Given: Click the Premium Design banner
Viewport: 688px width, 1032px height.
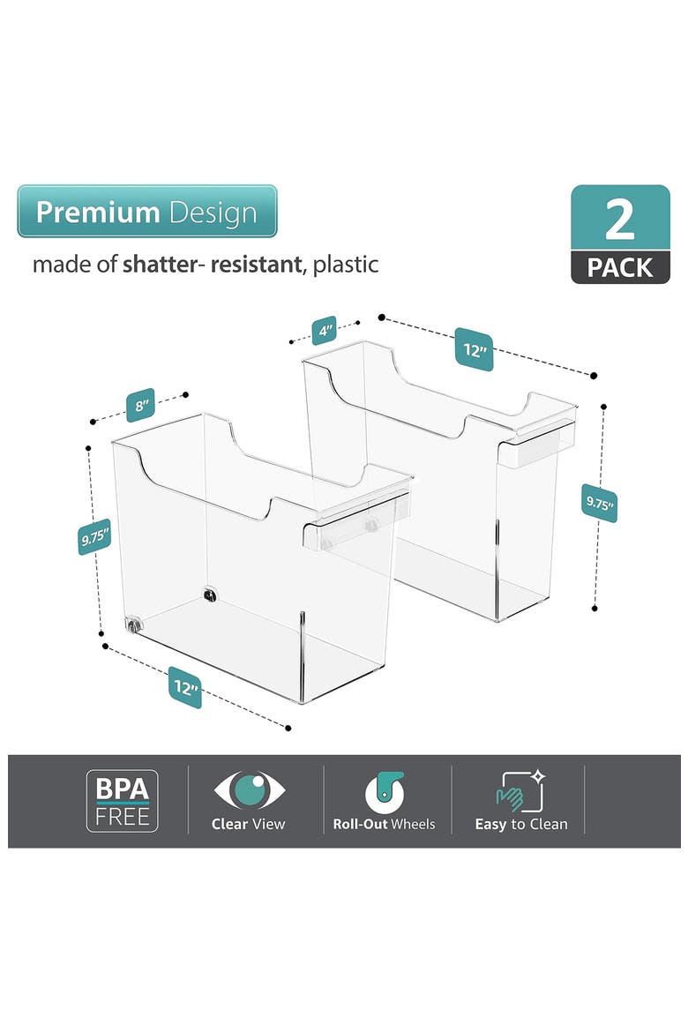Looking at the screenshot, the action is pos(146,212).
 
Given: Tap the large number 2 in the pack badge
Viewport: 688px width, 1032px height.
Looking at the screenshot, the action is pos(619,220).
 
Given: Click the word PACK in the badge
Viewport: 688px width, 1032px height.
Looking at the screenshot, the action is pos(620,268).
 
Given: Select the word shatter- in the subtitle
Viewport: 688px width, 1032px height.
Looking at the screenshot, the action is pos(161,265).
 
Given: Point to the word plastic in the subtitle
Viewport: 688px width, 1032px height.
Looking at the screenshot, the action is pos(345,265).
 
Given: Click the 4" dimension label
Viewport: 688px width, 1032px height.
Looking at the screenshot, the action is pos(324,330).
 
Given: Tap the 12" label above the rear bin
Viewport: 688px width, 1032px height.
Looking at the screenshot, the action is pos(474,349).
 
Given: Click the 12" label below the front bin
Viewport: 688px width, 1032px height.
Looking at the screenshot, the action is pos(184,687).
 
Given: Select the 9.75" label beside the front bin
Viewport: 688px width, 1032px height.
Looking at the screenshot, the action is pos(94,537).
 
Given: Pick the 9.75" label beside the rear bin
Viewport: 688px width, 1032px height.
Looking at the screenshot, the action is pos(600,503).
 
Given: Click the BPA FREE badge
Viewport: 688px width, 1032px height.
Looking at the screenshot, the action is pos(123,801).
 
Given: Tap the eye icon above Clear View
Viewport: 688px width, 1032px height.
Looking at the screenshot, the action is pos(250,789).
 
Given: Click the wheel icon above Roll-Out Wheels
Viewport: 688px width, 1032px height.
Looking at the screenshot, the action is pos(385,792).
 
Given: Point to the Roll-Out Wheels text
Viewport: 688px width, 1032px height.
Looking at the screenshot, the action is pos(384,824).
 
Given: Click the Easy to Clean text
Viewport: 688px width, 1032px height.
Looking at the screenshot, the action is pos(521,824).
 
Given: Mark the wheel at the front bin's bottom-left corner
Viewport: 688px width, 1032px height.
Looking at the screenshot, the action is pos(134,624).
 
